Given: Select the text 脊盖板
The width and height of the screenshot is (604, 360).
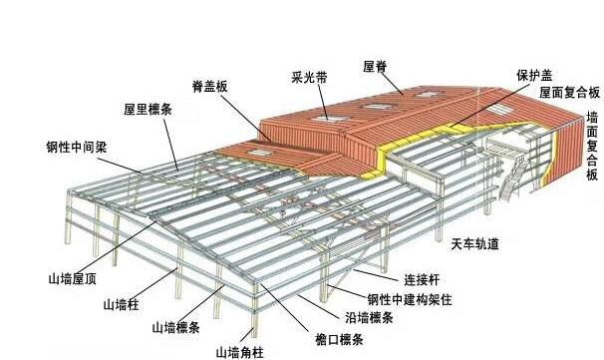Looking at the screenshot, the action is point(210,87).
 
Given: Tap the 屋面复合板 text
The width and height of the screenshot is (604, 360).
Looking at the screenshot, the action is point(569,92).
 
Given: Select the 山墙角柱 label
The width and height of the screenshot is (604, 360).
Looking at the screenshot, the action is point(240,351).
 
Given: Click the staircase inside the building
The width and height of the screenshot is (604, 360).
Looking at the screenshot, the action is point(513,183).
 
